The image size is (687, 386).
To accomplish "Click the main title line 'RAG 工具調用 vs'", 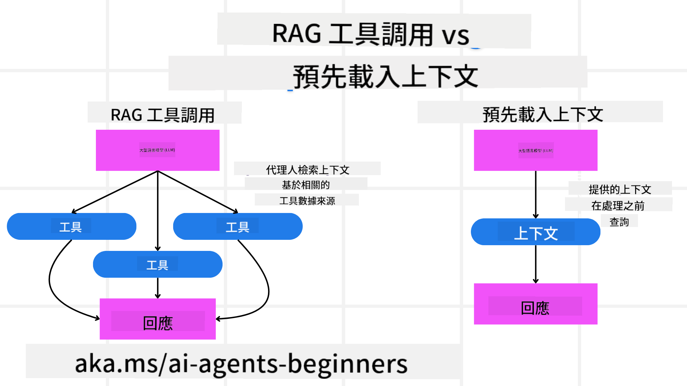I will pyautogui.click(x=371, y=34).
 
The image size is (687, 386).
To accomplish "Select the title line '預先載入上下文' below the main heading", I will pyautogui.click(x=385, y=76).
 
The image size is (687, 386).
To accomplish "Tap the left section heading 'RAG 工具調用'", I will pyautogui.click(x=162, y=115).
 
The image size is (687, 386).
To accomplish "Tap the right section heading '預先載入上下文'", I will pyautogui.click(x=542, y=114).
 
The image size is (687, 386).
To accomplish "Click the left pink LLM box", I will pyautogui.click(x=157, y=150).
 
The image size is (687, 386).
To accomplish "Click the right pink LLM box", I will pyautogui.click(x=536, y=150).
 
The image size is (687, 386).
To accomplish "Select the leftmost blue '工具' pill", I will pyautogui.click(x=71, y=227).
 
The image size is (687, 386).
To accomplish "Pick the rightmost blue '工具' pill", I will pyautogui.click(x=238, y=227).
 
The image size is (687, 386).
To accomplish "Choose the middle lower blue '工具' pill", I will pyautogui.click(x=157, y=264).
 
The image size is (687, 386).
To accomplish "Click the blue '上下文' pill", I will pyautogui.click(x=535, y=232).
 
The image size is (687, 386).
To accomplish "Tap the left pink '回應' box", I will pyautogui.click(x=157, y=319).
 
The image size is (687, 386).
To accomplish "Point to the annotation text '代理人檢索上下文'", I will pyautogui.click(x=307, y=170).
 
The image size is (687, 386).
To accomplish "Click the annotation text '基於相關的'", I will pyautogui.click(x=306, y=185).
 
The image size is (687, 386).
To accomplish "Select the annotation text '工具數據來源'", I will pyautogui.click(x=307, y=201).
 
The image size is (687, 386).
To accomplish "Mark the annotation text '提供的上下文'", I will pyautogui.click(x=620, y=189).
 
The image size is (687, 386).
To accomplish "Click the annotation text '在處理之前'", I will pyautogui.click(x=618, y=206).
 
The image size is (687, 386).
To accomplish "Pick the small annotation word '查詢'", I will pyautogui.click(x=619, y=222).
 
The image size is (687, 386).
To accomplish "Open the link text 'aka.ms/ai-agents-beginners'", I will pyautogui.click(x=241, y=363).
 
